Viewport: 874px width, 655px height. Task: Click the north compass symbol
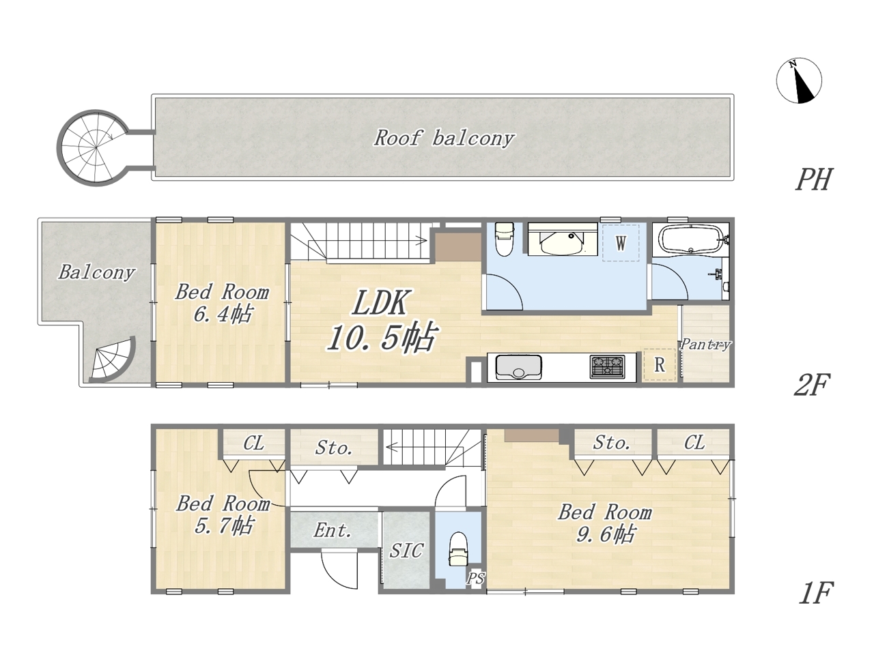(x=799, y=81)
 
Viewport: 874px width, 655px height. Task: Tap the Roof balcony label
(x=444, y=139)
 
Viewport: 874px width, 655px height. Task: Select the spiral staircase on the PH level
(x=95, y=147)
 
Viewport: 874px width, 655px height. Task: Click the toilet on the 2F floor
(x=504, y=239)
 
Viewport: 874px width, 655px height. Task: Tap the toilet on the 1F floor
(x=458, y=549)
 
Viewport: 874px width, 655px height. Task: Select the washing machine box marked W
(x=621, y=243)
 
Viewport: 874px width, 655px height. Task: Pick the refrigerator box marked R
(x=660, y=364)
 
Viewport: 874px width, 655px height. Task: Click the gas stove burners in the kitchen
(x=608, y=366)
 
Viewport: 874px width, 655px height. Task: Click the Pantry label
(x=705, y=345)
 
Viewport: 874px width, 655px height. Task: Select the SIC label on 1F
(x=406, y=551)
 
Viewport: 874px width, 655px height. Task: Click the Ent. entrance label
(x=333, y=531)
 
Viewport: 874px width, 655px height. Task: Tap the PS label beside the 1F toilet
(x=475, y=578)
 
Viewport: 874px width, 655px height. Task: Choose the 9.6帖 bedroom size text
(x=605, y=534)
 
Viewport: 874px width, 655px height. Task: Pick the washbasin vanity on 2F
(x=562, y=239)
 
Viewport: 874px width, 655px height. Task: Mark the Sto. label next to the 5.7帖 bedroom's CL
(x=334, y=448)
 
